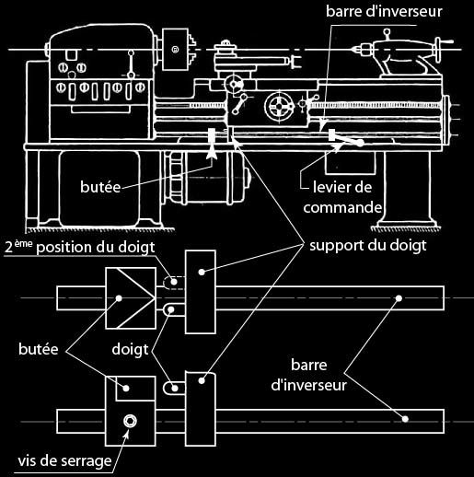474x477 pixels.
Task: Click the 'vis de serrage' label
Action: point(64,461)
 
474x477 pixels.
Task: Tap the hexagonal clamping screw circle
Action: point(130,421)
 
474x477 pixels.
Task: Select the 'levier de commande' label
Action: point(342,197)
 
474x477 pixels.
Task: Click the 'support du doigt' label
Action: point(368,246)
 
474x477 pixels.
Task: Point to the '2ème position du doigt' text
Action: point(80,248)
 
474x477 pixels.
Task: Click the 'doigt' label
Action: point(130,350)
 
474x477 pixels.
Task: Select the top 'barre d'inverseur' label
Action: point(384,12)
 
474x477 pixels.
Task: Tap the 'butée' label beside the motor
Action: point(100,187)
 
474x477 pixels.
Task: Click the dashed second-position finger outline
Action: point(174,283)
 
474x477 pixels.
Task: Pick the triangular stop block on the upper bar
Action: point(131,298)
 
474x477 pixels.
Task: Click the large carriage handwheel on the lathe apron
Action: point(279,107)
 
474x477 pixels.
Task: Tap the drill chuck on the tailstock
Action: point(364,49)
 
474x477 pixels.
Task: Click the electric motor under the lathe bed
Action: point(206,174)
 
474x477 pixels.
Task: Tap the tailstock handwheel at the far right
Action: point(438,49)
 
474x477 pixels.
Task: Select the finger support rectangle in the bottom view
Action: point(201,409)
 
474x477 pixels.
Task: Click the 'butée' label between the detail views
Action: point(39,349)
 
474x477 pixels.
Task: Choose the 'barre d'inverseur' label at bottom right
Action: point(309,375)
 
